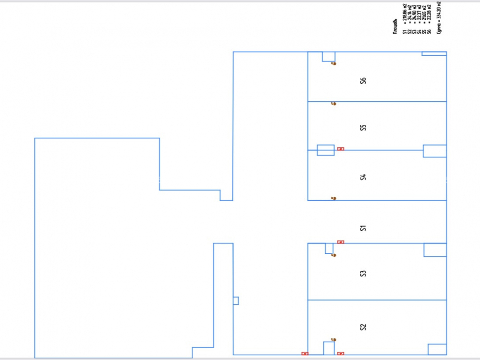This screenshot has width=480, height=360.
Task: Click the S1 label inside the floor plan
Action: click(363, 228)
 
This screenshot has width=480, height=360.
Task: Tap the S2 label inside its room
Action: click(363, 327)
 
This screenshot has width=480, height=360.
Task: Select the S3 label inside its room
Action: click(363, 274)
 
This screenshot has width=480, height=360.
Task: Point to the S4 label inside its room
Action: click(363, 177)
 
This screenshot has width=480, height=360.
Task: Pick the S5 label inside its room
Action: click(363, 128)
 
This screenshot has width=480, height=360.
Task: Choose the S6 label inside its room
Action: click(363, 81)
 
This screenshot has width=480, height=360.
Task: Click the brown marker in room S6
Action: click(334, 63)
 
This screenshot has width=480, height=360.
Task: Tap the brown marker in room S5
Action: click(334, 104)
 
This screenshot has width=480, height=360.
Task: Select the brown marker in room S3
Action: click(334, 255)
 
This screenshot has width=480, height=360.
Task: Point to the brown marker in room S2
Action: click(334, 339)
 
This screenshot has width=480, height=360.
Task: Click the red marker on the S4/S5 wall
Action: click(341, 149)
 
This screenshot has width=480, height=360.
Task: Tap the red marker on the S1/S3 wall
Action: click(341, 242)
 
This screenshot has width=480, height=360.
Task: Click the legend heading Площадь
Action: click(395, 27)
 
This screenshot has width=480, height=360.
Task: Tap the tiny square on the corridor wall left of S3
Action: click(236, 300)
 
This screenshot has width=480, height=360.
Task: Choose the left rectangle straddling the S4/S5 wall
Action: click(325, 150)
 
